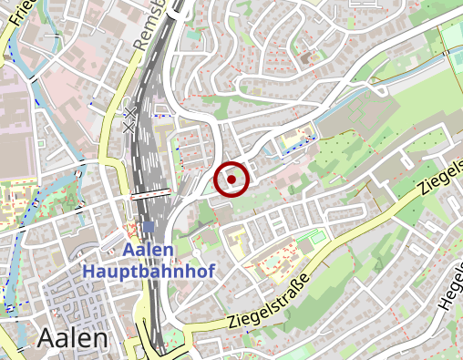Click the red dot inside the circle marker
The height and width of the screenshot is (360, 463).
pos(231,180)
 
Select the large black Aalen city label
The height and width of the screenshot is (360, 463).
pos(73,337)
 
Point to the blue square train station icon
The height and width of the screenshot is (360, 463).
pos(149,227)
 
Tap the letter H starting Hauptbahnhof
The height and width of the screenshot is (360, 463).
pos(88,271)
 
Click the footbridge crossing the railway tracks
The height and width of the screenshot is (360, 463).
pos(151,193)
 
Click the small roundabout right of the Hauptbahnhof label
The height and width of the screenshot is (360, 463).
pos(194,253)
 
